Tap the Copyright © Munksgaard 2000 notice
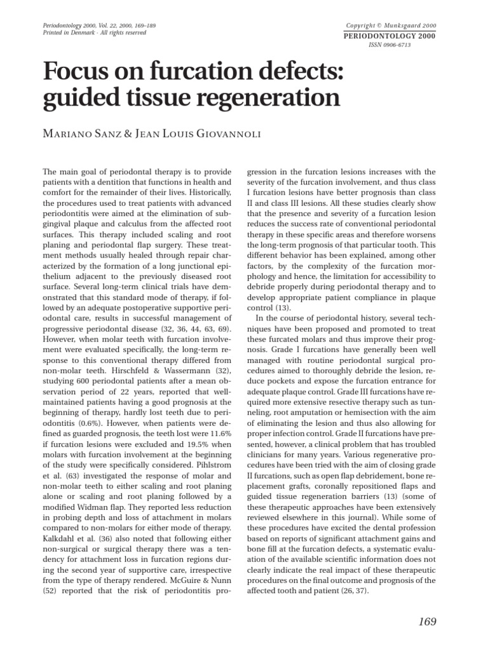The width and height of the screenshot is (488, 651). pyautogui.click(x=391, y=25)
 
